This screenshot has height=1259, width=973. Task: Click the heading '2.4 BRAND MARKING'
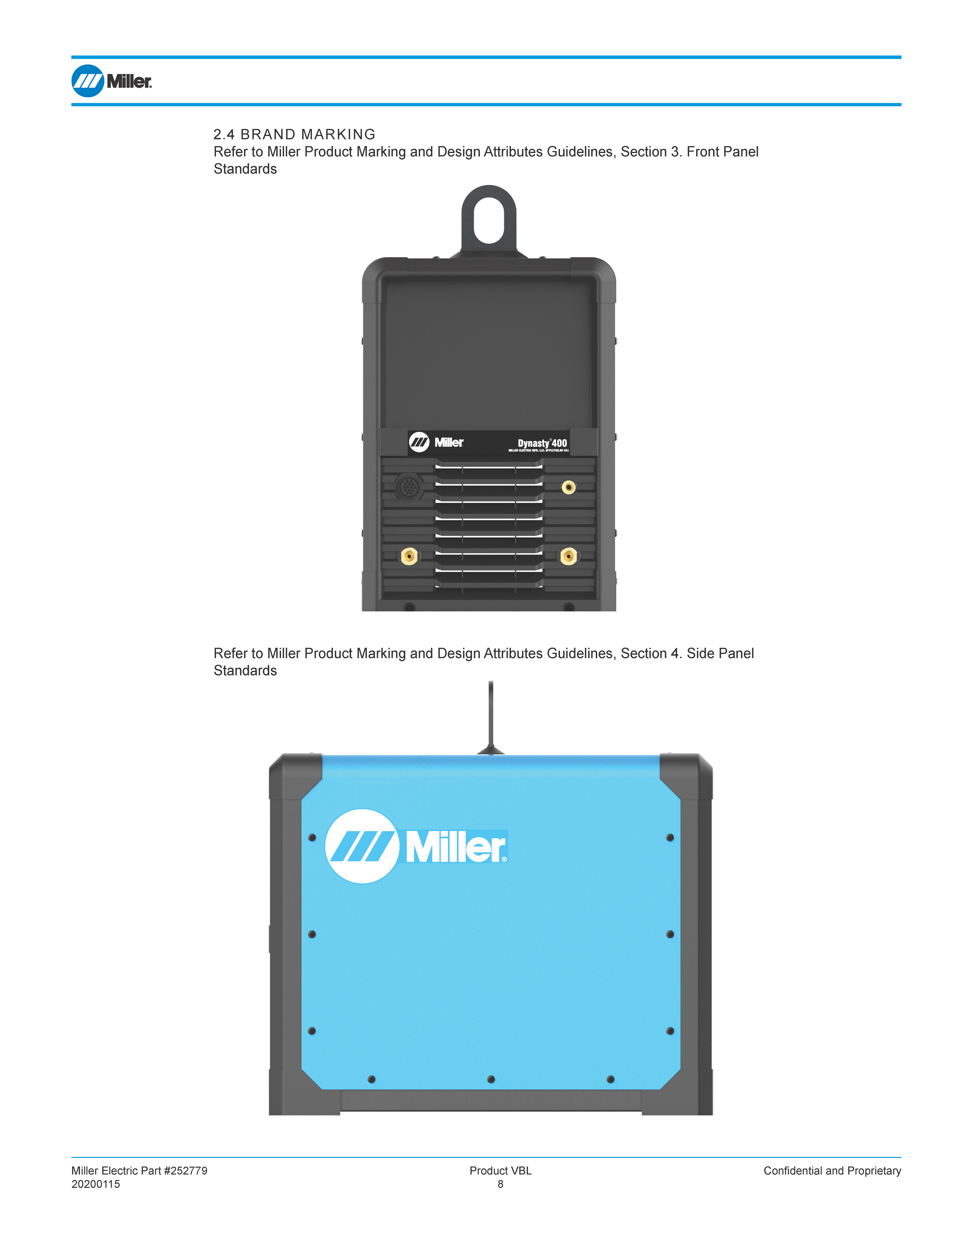(x=294, y=134)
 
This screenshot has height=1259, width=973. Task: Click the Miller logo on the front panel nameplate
(x=436, y=442)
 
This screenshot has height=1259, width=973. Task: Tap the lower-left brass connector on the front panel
(x=409, y=556)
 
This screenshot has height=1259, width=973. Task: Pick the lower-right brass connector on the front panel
(x=568, y=556)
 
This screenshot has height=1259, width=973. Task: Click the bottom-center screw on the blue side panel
(x=491, y=1079)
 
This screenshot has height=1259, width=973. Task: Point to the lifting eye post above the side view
(x=491, y=715)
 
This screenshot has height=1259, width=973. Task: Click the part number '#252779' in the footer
(x=186, y=1171)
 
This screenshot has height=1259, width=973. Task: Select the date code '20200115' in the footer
(x=96, y=1184)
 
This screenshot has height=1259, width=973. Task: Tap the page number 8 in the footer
(x=500, y=1184)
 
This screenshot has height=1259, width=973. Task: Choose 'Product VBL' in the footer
(x=500, y=1171)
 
